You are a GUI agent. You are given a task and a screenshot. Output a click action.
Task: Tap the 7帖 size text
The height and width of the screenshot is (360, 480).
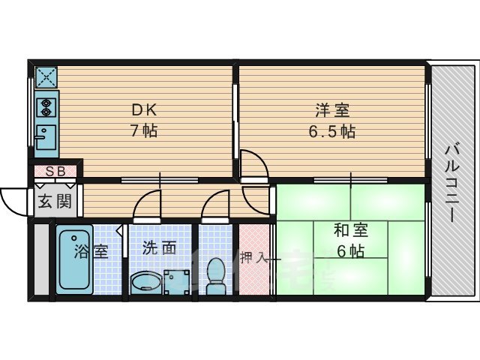(144, 130)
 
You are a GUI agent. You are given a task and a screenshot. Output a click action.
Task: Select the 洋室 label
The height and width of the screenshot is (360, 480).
(332, 111)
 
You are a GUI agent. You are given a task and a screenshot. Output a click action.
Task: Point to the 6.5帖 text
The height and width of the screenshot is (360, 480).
(332, 131)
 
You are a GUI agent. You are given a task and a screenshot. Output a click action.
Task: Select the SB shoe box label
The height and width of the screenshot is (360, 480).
(55, 171)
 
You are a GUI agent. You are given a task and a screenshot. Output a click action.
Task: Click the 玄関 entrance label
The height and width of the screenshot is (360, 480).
(55, 201)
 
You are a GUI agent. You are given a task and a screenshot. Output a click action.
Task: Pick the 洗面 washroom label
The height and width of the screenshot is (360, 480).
(159, 248)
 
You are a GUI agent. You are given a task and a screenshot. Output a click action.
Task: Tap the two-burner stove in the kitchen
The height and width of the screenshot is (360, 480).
(45, 106)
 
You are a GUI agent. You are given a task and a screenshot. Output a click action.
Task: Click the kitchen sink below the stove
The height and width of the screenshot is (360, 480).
(45, 136)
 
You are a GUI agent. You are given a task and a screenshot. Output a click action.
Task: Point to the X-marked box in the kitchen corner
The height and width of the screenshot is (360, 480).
(46, 77)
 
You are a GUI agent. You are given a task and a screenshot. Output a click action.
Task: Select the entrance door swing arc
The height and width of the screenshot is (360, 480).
(13, 201)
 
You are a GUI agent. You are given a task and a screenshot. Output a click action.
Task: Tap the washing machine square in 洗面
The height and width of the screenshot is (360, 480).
(178, 281)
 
